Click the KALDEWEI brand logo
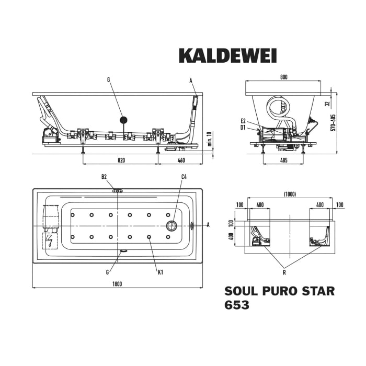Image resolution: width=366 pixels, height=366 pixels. [227, 55]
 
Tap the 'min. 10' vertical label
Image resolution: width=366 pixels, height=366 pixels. [209, 140]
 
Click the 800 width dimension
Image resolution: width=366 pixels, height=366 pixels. [284, 77]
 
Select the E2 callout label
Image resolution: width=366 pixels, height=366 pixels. [244, 121]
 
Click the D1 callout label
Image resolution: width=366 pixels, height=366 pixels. [244, 127]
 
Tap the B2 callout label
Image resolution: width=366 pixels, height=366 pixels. [104, 177]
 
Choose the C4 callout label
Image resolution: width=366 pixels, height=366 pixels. [184, 177]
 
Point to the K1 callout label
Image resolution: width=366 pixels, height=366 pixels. [161, 271]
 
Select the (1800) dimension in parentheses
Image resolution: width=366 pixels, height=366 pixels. [290, 195]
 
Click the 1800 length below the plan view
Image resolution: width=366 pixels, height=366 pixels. [117, 284]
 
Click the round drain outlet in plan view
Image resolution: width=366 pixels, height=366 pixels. [171, 226]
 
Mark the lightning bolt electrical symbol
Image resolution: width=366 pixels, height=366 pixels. [50, 241]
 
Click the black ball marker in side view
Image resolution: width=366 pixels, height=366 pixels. [123, 120]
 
